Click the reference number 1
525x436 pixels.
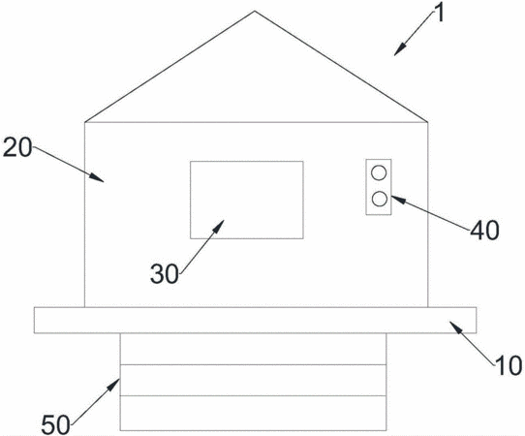[x=440, y=15]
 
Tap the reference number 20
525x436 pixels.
[x=17, y=148]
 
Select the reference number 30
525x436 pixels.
[x=165, y=274]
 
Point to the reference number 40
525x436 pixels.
[x=484, y=231]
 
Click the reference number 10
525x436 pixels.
[x=509, y=365]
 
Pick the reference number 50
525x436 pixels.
[x=55, y=424]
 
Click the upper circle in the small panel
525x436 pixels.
[x=379, y=172]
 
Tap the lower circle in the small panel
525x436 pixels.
[x=379, y=199]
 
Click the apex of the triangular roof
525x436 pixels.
[x=255, y=11]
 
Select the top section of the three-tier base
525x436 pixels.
[x=253, y=349]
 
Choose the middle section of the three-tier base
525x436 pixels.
[x=253, y=380]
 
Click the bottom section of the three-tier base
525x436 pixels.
[x=253, y=413]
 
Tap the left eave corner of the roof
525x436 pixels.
[x=84, y=122]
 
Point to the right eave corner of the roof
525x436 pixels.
[x=428, y=122]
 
